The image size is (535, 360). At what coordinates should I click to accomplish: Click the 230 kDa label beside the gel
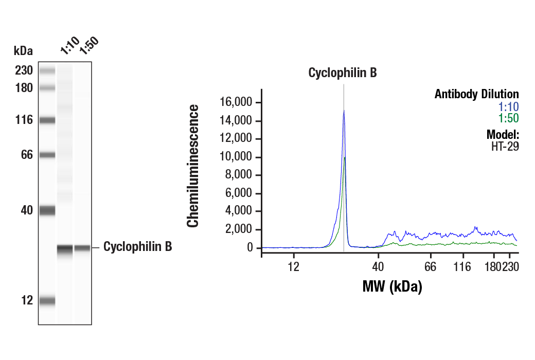pos(24,70)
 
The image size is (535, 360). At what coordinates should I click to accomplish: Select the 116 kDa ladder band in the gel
pos(47,120)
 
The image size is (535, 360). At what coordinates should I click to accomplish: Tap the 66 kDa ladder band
pos(47,155)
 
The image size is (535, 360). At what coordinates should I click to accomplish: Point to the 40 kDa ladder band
pos(47,210)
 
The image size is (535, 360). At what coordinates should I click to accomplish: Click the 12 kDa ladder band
pos(47,301)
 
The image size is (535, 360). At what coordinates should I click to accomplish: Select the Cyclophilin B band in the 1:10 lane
pos(65,249)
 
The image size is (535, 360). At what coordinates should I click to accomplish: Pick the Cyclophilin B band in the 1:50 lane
pos(82,248)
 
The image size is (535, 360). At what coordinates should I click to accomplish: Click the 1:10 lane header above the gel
pos(69,46)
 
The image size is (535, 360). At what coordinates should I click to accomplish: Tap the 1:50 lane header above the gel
pos(88,45)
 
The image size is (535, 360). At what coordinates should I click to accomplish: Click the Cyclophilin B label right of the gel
pos(137,247)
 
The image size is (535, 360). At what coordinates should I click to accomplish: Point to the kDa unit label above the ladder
pos(23,51)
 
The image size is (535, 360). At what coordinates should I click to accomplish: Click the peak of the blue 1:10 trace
pos(344,110)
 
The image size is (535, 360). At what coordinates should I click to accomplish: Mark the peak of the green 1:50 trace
pos(345,157)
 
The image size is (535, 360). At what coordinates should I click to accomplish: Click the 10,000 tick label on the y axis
pos(239,157)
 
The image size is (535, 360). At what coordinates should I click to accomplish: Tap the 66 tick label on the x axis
pos(431,267)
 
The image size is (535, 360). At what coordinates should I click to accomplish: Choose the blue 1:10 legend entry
pos(508,107)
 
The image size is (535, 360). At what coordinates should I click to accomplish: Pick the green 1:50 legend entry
pos(508,118)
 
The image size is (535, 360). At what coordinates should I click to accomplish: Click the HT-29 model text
pos(505,146)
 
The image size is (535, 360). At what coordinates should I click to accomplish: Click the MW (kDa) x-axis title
pos(392,286)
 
